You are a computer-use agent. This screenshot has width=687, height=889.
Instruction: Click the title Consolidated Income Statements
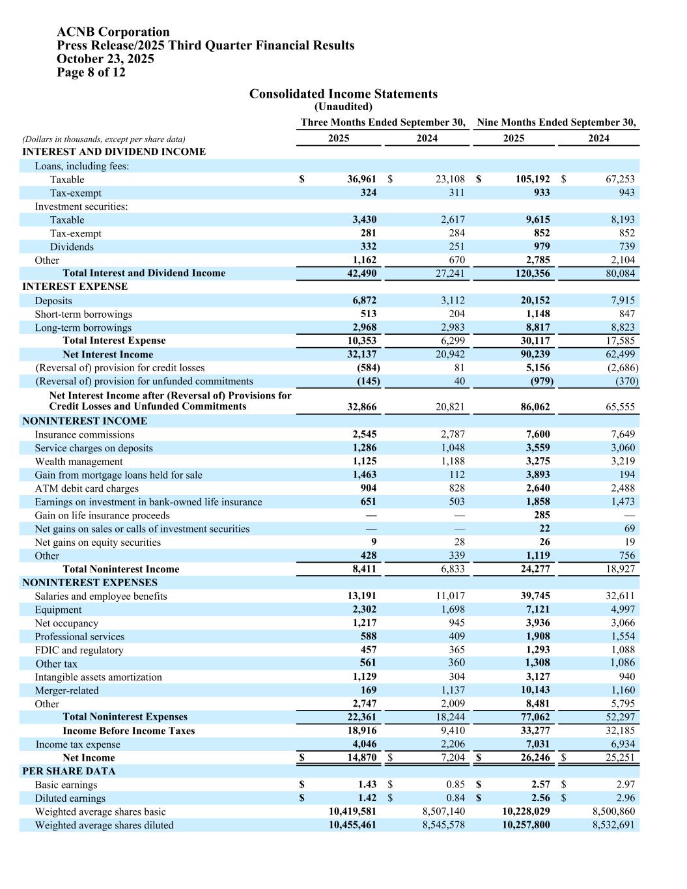[343, 94]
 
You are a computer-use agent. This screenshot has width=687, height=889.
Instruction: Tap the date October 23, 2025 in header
[105, 59]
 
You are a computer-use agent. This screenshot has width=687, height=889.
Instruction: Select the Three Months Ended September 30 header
[383, 122]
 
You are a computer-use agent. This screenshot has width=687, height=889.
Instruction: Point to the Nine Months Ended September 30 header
[556, 122]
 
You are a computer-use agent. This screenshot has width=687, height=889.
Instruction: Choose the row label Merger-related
[66, 690]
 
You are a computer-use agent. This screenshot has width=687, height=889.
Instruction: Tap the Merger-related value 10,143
[533, 690]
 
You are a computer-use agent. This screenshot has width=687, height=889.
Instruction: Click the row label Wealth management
[78, 462]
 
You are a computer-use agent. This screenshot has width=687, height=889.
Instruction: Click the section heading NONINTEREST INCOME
[85, 421]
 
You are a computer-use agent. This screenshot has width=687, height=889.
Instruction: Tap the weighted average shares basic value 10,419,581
[352, 811]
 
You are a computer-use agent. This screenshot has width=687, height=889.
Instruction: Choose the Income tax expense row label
[77, 744]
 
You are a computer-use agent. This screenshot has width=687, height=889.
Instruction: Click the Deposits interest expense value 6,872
[364, 300]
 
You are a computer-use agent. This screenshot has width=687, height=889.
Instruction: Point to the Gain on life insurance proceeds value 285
[541, 515]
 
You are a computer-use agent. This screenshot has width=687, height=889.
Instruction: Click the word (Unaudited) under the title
[343, 107]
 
